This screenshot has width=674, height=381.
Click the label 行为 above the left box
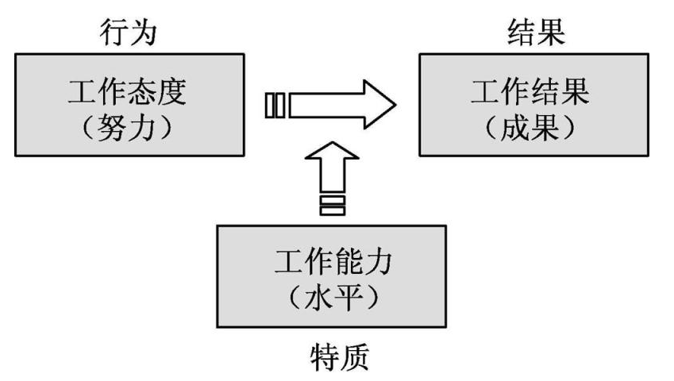(129, 32)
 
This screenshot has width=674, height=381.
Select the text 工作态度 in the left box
(129, 93)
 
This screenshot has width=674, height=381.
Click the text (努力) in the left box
(129, 126)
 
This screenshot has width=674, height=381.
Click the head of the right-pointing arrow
(377, 105)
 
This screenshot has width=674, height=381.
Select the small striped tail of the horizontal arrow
(274, 105)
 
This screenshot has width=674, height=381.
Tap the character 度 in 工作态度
(174, 93)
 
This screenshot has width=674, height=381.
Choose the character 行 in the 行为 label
(113, 32)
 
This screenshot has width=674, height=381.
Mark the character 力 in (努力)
(144, 126)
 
